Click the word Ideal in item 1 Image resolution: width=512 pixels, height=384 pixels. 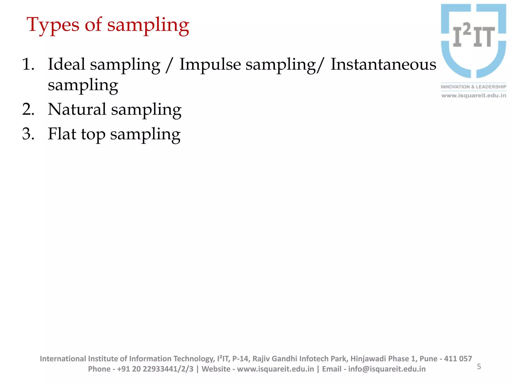tap(66, 64)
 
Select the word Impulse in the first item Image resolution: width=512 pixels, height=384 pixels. tap(210, 64)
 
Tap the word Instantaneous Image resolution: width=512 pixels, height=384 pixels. tap(383, 64)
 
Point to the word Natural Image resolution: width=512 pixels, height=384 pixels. tap(77, 109)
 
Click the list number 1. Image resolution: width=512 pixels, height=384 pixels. tap(28, 64)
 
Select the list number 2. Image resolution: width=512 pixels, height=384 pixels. tap(28, 109)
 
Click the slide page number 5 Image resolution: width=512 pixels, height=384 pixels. tap(479, 366)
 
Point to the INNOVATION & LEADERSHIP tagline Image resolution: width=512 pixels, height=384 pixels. tap(473, 87)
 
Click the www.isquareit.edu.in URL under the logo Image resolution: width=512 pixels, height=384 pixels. tap(473, 95)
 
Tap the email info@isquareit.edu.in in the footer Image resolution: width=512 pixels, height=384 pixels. tap(387, 369)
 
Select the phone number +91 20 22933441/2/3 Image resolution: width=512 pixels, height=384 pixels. tap(155, 369)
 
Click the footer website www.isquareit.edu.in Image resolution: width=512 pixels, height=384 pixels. tap(275, 369)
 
